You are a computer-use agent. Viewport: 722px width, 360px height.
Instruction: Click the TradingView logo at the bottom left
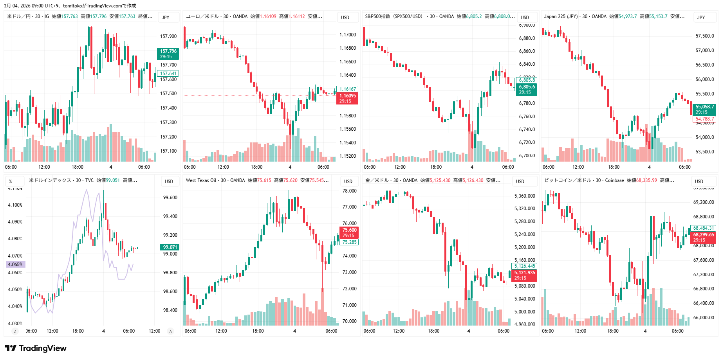(x=36, y=348)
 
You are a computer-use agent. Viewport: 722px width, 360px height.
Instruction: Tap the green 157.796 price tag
(x=168, y=54)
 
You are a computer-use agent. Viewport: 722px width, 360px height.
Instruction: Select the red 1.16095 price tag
(x=347, y=98)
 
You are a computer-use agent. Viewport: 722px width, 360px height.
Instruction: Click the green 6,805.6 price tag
(x=527, y=89)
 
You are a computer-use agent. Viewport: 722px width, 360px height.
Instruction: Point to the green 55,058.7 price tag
(x=704, y=109)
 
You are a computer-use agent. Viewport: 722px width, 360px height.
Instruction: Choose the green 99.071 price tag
(x=170, y=247)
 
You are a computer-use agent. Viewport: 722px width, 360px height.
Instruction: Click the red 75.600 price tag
(x=349, y=232)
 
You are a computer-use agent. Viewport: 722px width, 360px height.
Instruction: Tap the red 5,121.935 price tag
(x=524, y=275)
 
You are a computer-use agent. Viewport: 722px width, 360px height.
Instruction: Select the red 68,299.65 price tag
(x=703, y=237)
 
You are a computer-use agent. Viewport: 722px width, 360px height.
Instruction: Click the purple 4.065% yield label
(x=15, y=264)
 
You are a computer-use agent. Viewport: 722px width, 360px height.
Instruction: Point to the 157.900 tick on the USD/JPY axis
(x=168, y=36)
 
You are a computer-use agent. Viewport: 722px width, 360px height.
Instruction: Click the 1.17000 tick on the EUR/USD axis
(x=348, y=34)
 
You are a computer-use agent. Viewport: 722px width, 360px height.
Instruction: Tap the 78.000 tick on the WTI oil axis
(x=349, y=191)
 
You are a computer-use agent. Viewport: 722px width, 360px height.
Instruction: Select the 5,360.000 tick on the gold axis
(x=525, y=196)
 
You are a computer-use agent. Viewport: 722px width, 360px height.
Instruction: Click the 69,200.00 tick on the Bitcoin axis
(x=703, y=202)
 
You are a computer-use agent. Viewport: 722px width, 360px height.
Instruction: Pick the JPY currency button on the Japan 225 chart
(x=701, y=17)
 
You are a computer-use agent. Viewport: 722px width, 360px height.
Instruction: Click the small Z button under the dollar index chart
(x=15, y=331)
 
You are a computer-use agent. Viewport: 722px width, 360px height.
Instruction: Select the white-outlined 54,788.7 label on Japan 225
(x=704, y=119)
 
